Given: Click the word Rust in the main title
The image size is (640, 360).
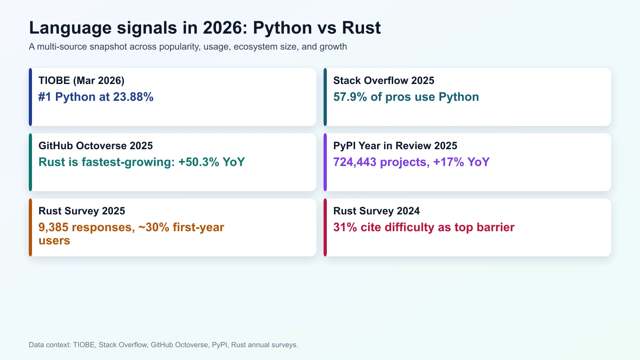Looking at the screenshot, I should click(361, 28).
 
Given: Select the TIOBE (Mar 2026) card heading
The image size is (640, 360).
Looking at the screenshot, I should click(81, 80).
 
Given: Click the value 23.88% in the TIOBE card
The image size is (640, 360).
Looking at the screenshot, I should click(133, 97).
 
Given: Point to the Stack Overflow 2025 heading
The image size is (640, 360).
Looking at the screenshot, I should click(384, 80).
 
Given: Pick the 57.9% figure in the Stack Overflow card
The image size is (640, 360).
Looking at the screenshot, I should click(350, 97).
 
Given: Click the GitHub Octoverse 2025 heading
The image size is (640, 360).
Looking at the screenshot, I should click(96, 146).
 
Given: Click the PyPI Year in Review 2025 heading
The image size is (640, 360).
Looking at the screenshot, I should click(395, 146).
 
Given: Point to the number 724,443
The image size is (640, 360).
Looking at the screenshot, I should click(355, 162).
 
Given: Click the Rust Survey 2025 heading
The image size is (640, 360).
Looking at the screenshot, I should click(82, 211).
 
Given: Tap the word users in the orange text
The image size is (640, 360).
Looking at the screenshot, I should click(54, 241).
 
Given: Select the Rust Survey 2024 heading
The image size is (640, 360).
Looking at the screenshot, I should click(376, 211).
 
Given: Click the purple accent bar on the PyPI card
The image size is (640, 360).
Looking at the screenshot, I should click(325, 162).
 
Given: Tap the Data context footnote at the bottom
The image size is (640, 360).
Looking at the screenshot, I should click(163, 345).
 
